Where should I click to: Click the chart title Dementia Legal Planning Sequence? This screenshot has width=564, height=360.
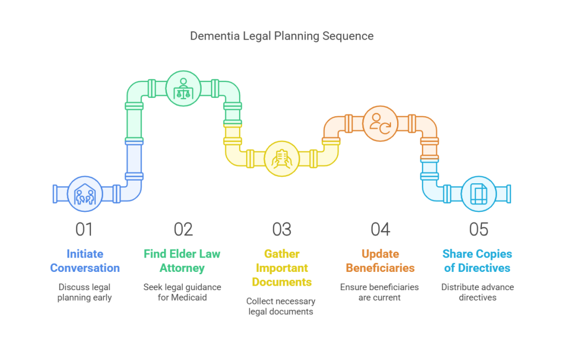point(281,36)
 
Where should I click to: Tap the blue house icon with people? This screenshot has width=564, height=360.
point(85,194)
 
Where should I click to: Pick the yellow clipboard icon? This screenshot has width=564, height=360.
point(281,159)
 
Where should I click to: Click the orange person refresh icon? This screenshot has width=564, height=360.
point(380,123)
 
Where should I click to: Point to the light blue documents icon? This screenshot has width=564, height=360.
point(478,194)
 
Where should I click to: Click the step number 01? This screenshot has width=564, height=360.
point(84,229)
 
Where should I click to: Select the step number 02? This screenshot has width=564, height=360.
point(183,229)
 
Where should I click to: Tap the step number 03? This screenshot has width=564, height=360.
point(281,229)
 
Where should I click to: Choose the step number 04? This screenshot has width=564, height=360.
point(380,229)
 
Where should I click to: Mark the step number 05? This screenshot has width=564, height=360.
point(478,229)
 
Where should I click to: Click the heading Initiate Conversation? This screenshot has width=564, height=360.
point(85,261)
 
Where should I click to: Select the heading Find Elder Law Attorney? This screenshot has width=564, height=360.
point(182,261)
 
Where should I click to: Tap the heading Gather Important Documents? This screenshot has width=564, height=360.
point(281,268)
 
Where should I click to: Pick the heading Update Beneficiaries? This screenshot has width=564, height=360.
point(380,261)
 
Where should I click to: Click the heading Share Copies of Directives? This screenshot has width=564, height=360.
point(477,261)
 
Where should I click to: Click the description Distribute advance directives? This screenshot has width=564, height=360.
point(477,292)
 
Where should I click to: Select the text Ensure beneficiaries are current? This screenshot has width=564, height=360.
point(379,292)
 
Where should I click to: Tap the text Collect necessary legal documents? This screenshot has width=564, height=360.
point(281,306)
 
